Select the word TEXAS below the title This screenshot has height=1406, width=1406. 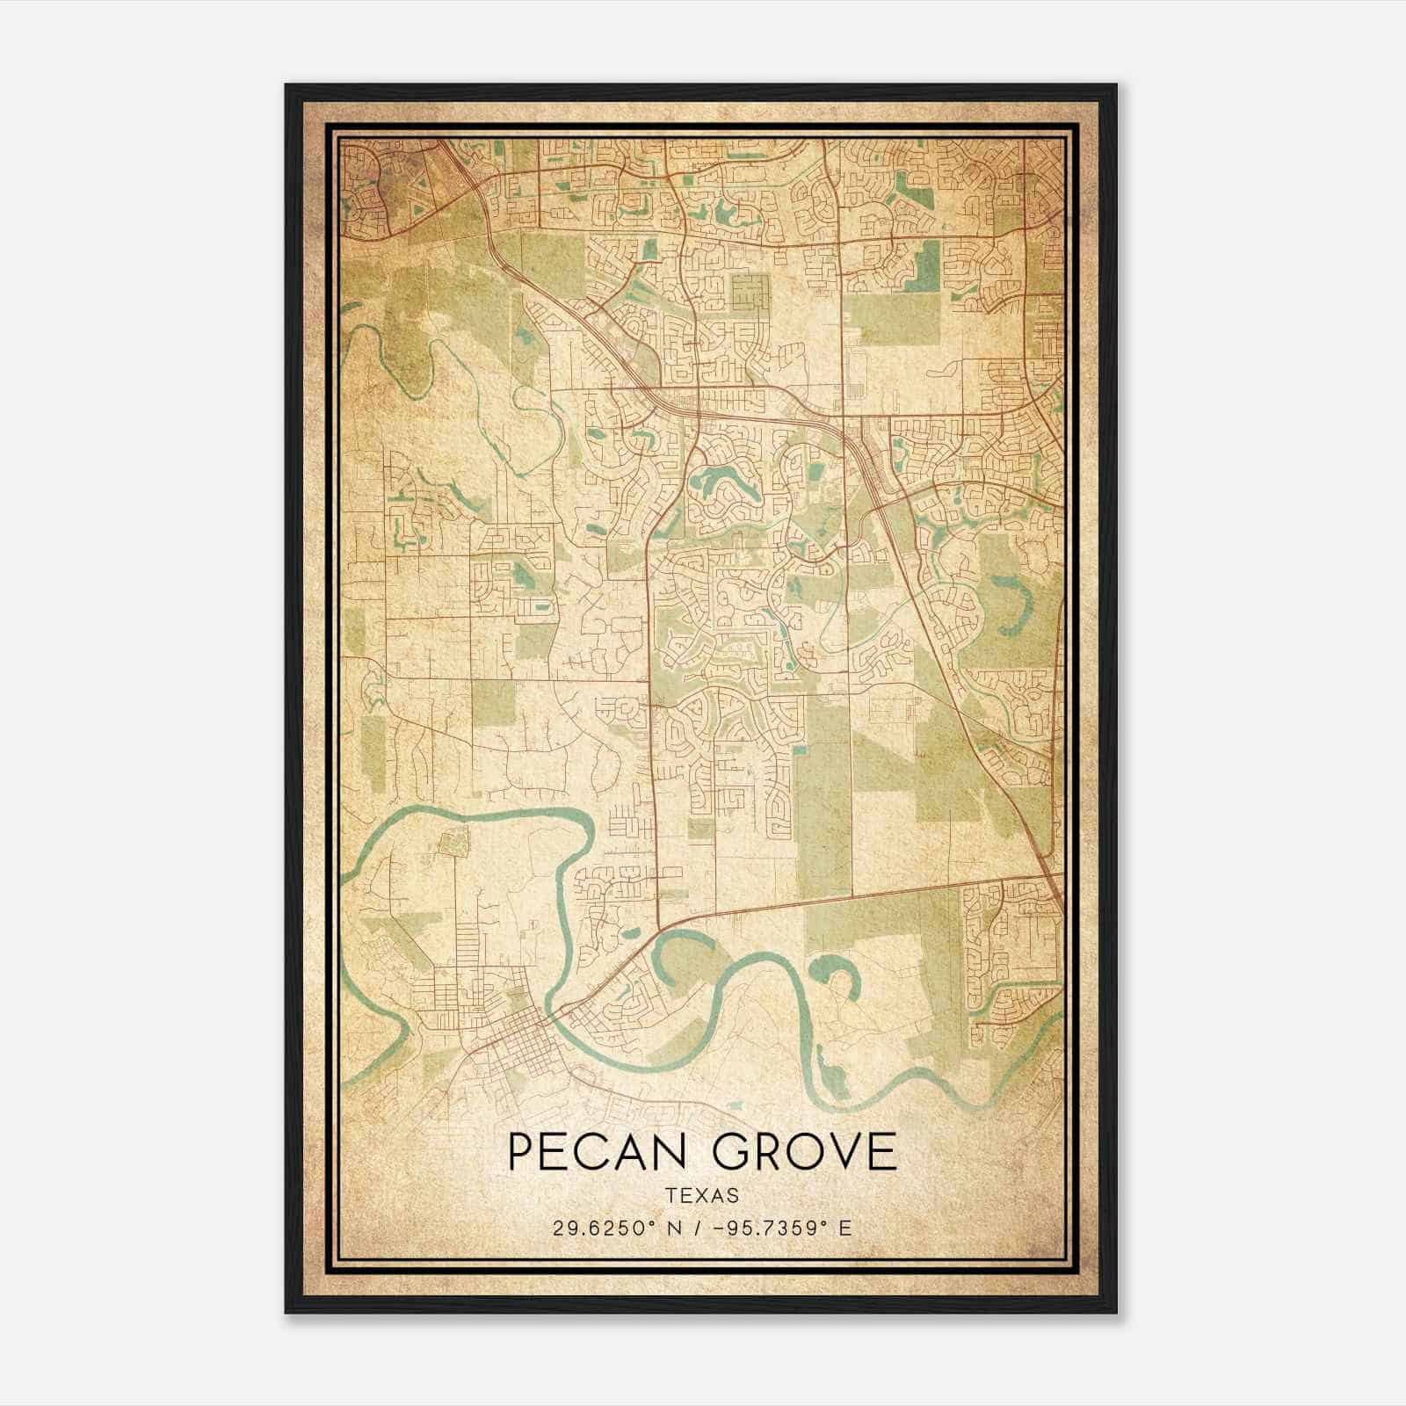coord(702,1195)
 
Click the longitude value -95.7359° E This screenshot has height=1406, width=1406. coord(784,1228)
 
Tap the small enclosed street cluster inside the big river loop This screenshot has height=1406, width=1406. coord(455,844)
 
